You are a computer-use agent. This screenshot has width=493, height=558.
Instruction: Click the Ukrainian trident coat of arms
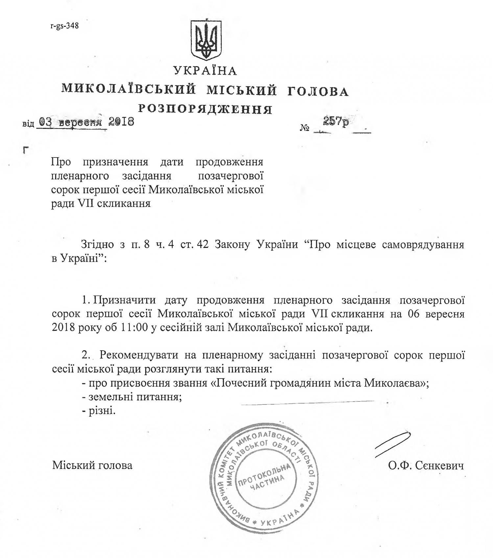(206, 40)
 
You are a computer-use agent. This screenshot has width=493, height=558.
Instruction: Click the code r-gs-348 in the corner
(65, 26)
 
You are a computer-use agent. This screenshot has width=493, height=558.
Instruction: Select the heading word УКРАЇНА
(205, 71)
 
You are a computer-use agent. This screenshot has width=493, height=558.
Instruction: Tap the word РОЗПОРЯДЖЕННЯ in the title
(205, 109)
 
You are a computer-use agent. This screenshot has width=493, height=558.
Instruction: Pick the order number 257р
(335, 122)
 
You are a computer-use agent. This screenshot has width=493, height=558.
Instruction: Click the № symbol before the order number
(305, 128)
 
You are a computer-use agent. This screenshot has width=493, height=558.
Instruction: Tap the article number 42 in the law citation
(202, 245)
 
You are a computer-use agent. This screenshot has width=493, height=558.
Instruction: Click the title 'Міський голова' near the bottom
(92, 465)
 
